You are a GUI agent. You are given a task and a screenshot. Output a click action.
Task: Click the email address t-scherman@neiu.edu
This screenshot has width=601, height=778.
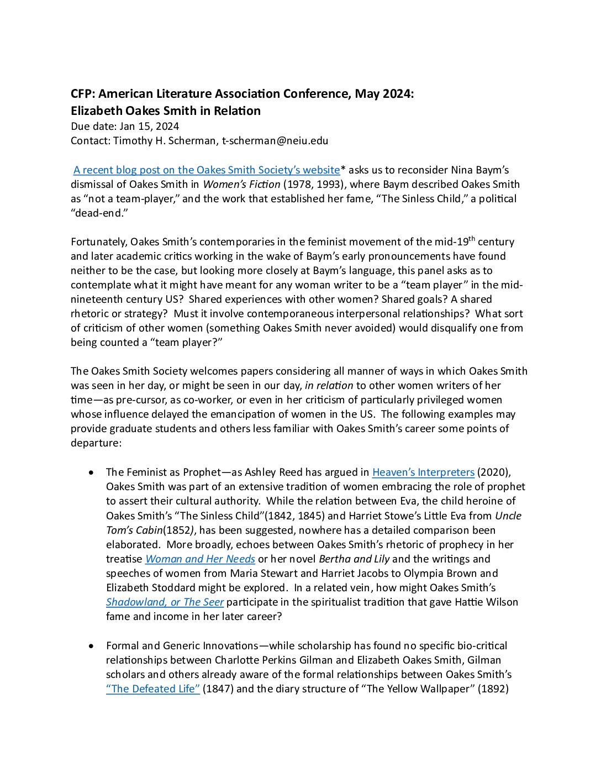[x=275, y=141]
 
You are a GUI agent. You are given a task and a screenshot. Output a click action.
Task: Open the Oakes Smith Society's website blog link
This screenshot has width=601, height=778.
[x=207, y=170]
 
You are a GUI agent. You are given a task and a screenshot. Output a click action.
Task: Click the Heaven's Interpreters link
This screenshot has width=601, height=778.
[x=423, y=472]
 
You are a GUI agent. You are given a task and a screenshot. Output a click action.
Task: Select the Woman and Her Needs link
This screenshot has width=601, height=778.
[x=200, y=559]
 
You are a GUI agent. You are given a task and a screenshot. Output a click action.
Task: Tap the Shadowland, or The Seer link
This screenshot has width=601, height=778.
[x=165, y=602]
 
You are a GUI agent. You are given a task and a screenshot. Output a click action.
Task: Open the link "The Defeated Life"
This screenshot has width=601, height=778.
[x=153, y=689]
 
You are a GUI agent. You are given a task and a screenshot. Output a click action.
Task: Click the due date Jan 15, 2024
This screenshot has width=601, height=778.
[x=149, y=127]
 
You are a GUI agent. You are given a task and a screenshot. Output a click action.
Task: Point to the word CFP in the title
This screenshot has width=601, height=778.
[x=82, y=94]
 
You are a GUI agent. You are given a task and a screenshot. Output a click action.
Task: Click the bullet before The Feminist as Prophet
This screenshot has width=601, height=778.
[x=92, y=472]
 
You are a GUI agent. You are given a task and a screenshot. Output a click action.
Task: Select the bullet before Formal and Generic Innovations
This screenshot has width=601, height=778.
[x=92, y=646]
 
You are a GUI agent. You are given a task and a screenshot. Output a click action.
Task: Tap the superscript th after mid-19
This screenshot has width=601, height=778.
[x=472, y=239]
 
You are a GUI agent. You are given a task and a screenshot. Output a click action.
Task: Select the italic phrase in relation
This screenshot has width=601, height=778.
[x=329, y=386]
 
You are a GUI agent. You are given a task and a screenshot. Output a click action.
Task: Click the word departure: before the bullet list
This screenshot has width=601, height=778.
[x=95, y=443]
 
